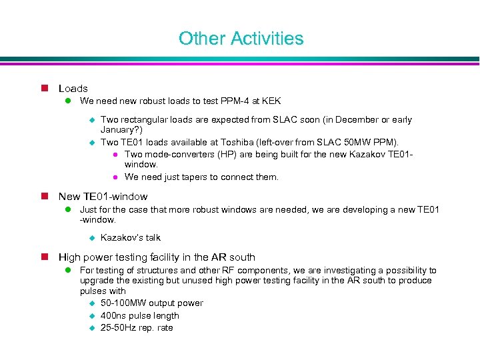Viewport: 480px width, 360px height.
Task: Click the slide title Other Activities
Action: point(241,39)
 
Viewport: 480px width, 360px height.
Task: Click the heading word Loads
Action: point(73,89)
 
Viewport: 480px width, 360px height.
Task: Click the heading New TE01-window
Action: point(103,197)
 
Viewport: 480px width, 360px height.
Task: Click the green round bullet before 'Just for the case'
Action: point(67,210)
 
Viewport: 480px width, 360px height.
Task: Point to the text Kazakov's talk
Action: point(130,238)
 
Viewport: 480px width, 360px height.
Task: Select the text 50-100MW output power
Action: point(151,303)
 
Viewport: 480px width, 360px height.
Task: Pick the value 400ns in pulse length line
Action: point(112,316)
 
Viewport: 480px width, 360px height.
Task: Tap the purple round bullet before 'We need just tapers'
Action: point(115,177)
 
